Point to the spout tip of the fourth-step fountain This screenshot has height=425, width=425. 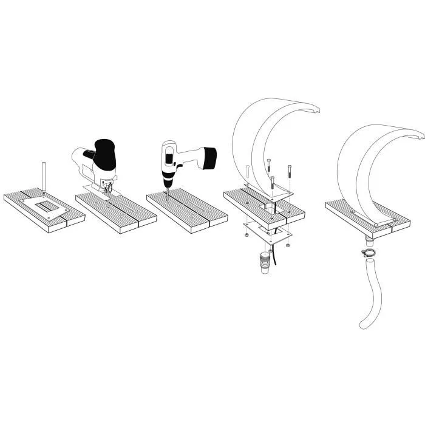coord(316,110)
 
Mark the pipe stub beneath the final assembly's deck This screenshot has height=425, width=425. coord(369,243)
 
